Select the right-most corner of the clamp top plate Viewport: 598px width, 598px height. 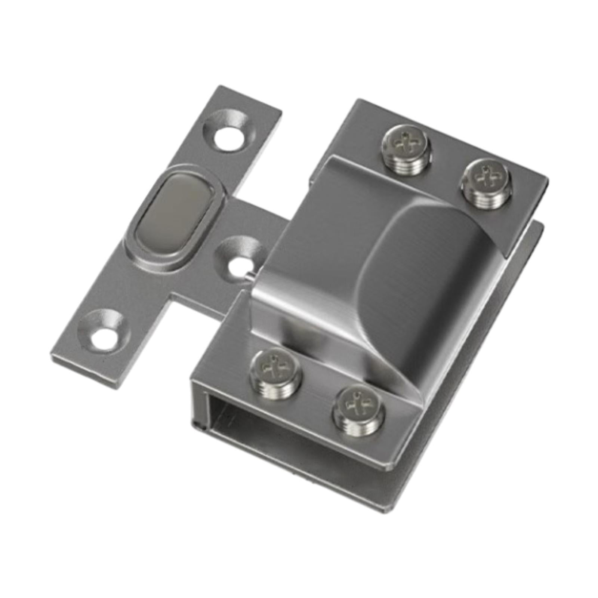point(548,182)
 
